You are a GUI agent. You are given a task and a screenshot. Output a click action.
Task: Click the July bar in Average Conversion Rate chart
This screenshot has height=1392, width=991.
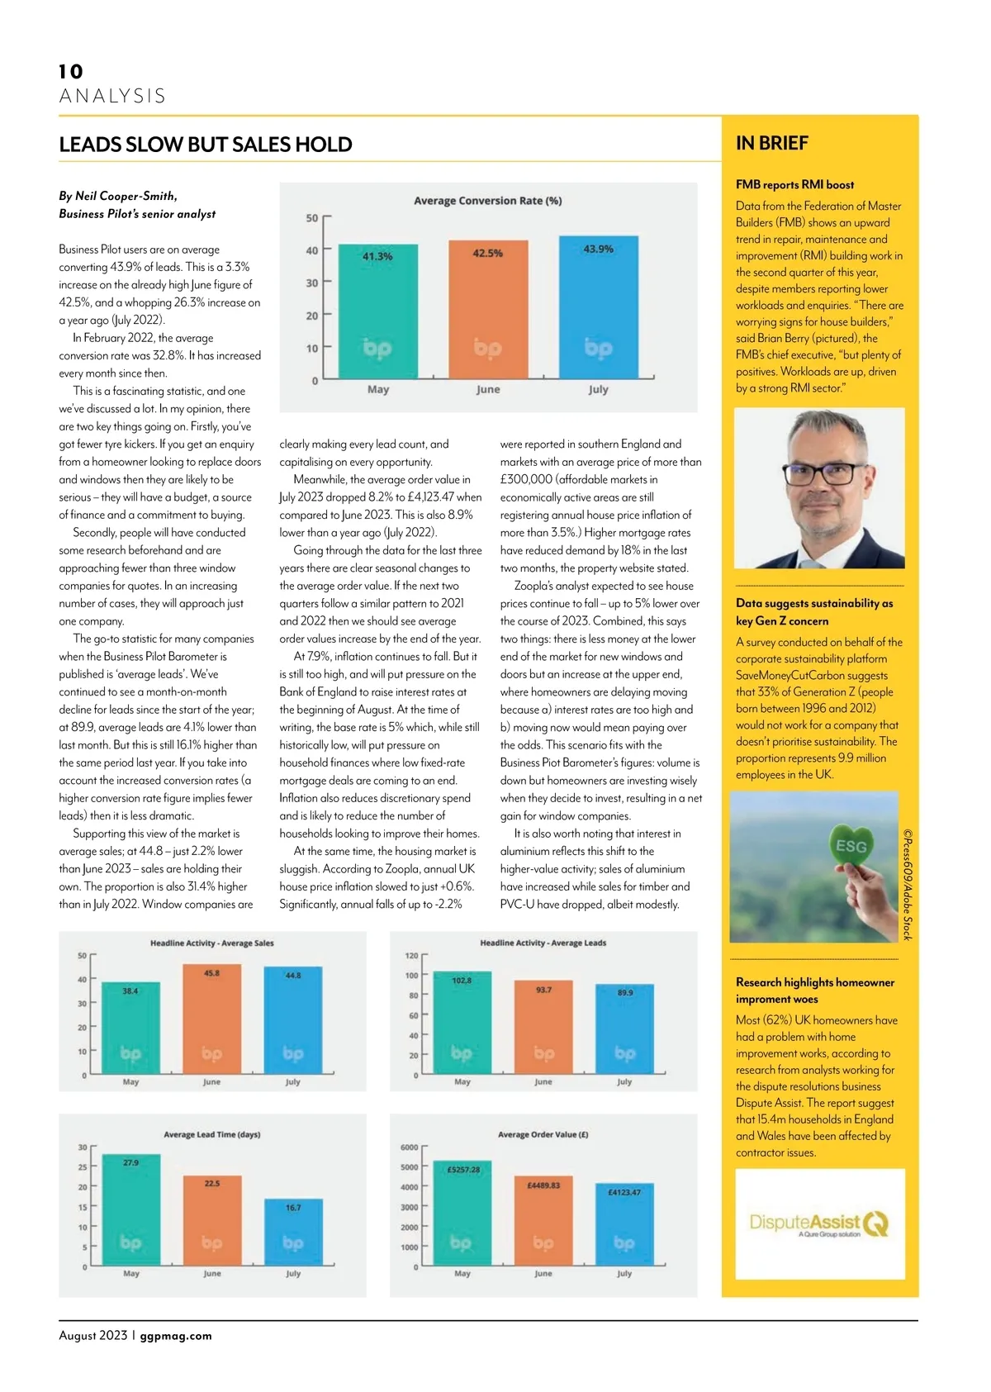pyautogui.click(x=599, y=306)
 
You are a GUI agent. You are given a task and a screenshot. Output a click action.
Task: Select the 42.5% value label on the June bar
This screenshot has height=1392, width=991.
pyautogui.click(x=487, y=253)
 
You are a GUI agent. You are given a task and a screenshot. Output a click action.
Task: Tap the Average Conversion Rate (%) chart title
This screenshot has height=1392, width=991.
pyautogui.click(x=487, y=201)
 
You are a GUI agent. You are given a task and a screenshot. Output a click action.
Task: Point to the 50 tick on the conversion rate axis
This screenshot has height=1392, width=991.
pyautogui.click(x=312, y=218)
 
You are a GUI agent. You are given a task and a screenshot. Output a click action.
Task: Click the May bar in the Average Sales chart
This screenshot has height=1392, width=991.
pyautogui.click(x=130, y=1028)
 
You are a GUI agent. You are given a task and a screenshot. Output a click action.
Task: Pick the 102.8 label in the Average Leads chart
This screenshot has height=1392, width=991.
pyautogui.click(x=462, y=981)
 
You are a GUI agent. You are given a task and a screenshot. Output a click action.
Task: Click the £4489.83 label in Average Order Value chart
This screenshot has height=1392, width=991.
pyautogui.click(x=543, y=1185)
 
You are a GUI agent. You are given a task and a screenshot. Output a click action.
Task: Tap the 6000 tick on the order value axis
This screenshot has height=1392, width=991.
pyautogui.click(x=410, y=1147)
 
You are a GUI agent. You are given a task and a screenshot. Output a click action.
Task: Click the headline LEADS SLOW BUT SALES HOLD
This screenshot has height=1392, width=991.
pyautogui.click(x=206, y=145)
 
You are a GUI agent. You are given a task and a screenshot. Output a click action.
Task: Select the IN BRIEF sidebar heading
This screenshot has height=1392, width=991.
pyautogui.click(x=772, y=143)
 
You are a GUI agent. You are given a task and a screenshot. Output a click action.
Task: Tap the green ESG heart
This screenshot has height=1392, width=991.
pyautogui.click(x=851, y=845)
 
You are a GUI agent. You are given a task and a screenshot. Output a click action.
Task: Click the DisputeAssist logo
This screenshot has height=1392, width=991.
pyautogui.click(x=818, y=1223)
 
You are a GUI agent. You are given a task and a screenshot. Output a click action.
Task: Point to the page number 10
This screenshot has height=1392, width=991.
pyautogui.click(x=71, y=72)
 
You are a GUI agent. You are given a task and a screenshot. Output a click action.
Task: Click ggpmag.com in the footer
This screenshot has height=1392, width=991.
pyautogui.click(x=176, y=1336)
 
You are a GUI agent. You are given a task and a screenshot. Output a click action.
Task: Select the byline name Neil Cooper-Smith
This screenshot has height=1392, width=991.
pyautogui.click(x=126, y=196)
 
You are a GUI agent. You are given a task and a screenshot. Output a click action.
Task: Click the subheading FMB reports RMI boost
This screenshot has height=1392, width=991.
pyautogui.click(x=794, y=184)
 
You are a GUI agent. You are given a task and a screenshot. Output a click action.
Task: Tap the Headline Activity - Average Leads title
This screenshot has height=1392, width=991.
pyautogui.click(x=543, y=943)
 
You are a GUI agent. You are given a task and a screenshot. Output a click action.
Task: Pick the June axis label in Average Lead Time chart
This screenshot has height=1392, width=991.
pyautogui.click(x=212, y=1274)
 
